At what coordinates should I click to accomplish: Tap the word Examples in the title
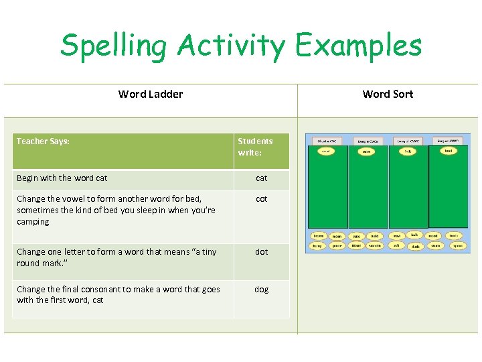(359, 46)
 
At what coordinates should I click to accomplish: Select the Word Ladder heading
(151, 94)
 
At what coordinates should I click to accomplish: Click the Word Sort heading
(388, 94)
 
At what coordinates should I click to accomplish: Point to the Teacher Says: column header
(43, 141)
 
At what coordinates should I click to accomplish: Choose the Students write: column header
(255, 147)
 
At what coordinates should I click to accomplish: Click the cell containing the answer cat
(261, 178)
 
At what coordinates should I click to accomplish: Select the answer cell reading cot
(261, 199)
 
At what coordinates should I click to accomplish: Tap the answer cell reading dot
(261, 252)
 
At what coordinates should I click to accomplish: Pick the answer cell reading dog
(261, 289)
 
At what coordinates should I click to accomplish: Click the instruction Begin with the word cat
(62, 178)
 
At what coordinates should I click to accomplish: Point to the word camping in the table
(33, 222)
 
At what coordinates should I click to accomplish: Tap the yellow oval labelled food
(448, 151)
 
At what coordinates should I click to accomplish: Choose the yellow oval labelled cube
(367, 152)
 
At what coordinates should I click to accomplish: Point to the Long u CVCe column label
(368, 141)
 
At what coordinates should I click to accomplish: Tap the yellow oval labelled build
(375, 236)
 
